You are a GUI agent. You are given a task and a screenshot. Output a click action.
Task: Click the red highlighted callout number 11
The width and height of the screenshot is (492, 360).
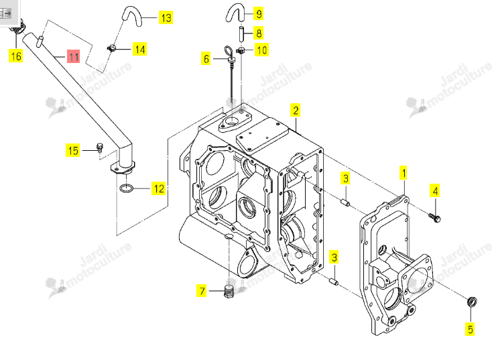[x=74, y=56]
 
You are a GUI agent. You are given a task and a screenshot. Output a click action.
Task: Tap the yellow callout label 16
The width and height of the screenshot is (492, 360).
[x=15, y=56]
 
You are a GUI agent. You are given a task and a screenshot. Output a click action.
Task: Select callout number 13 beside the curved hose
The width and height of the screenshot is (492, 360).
[x=166, y=17]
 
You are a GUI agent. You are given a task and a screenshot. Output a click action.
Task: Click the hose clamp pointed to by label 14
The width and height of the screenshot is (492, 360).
[x=112, y=48]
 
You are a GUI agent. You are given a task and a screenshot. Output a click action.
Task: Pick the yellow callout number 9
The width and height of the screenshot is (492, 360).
[x=259, y=13]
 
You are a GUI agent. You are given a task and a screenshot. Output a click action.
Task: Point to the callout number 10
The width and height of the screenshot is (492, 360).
[x=261, y=50]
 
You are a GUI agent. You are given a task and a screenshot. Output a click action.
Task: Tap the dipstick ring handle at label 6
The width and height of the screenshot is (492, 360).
[x=229, y=51]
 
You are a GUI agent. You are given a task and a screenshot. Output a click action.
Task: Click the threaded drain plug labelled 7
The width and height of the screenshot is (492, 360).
[x=229, y=292]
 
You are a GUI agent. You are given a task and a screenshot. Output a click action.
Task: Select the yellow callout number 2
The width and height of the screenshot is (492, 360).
[x=295, y=110]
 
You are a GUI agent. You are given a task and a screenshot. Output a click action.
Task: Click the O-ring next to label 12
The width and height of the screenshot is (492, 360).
[x=127, y=188]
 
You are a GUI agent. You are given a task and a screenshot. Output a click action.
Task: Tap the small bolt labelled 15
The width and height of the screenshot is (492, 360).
[x=99, y=147]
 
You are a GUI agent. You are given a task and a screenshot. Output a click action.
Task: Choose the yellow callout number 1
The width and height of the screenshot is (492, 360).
[x=404, y=173]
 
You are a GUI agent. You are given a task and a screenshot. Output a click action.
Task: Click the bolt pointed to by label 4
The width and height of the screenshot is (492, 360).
[x=435, y=217]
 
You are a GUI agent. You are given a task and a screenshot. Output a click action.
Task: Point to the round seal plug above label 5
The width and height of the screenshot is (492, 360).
[x=473, y=302]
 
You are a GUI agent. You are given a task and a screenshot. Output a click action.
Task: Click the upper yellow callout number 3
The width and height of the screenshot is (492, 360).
[x=345, y=178]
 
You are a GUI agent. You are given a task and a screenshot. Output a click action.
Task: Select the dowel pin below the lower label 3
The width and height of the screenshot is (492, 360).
[x=334, y=281]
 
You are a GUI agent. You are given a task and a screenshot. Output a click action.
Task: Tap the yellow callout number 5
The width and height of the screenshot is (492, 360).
[x=470, y=329]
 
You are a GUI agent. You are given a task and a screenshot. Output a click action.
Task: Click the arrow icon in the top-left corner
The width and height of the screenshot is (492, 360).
[x=5, y=13]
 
